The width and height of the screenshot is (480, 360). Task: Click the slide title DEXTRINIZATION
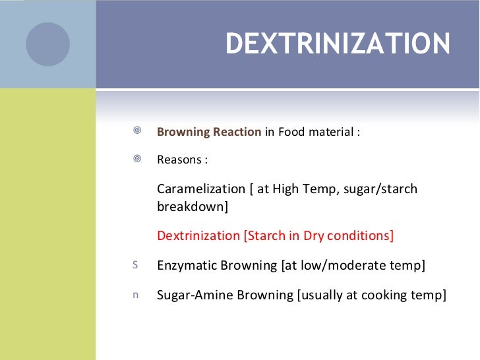(x=338, y=44)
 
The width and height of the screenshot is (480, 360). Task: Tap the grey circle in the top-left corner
(x=47, y=44)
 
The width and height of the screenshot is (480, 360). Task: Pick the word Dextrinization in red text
(x=198, y=235)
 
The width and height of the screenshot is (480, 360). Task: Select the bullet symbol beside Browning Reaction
(x=136, y=131)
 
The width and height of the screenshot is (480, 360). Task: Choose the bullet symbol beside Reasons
(x=136, y=159)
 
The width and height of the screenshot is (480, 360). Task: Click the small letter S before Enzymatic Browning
(x=135, y=265)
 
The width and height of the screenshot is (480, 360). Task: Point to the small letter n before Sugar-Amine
(x=136, y=295)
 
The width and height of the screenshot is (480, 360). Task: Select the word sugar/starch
(x=382, y=189)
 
